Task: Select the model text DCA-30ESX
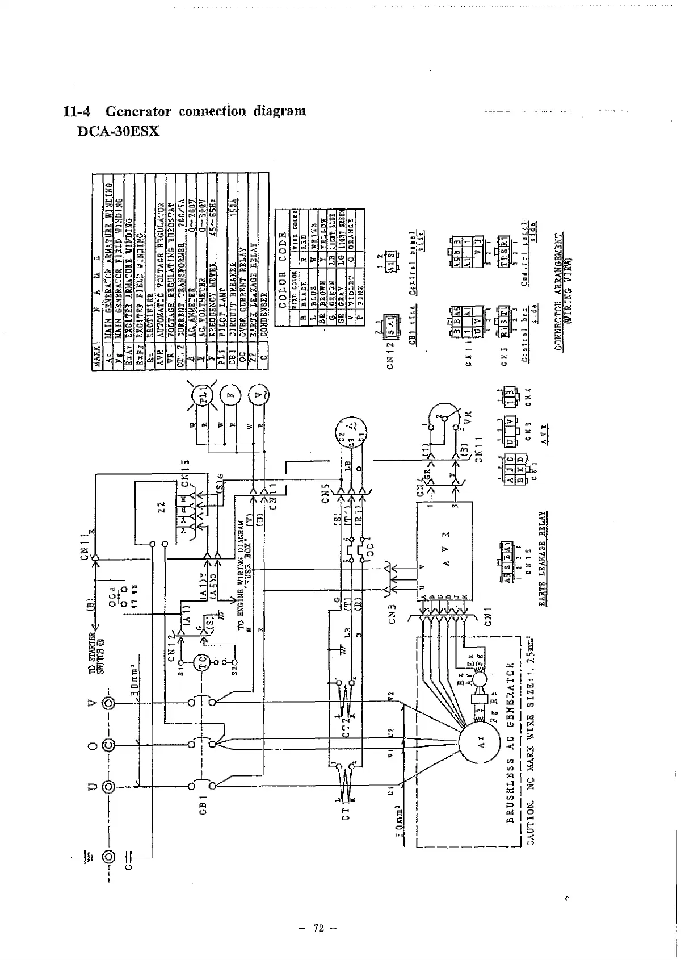(118, 132)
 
